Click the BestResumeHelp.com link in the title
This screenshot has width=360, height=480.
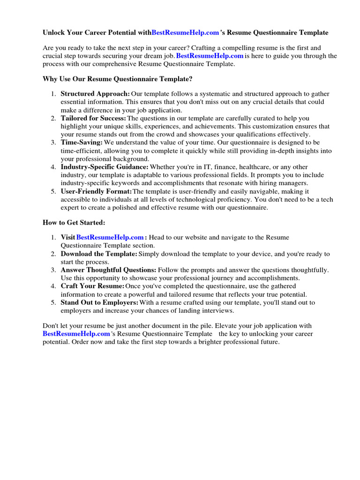point(186,33)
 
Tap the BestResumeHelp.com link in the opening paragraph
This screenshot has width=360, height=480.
point(210,56)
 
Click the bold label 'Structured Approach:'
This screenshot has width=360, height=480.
point(95,94)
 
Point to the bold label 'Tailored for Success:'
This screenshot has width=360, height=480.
point(93,118)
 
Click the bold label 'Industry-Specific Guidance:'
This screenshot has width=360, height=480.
point(105,167)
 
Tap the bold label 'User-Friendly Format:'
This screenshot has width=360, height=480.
point(96,191)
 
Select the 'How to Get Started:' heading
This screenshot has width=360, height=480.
point(74,223)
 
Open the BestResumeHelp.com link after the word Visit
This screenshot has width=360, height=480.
point(110,238)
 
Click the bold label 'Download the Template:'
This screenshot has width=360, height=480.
point(99,254)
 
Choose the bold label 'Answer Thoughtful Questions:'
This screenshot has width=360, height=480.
point(108,270)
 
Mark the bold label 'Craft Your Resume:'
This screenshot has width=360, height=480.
point(92,286)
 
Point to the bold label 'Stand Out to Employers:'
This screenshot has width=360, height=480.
point(99,302)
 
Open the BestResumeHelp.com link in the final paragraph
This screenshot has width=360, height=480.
point(76,334)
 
